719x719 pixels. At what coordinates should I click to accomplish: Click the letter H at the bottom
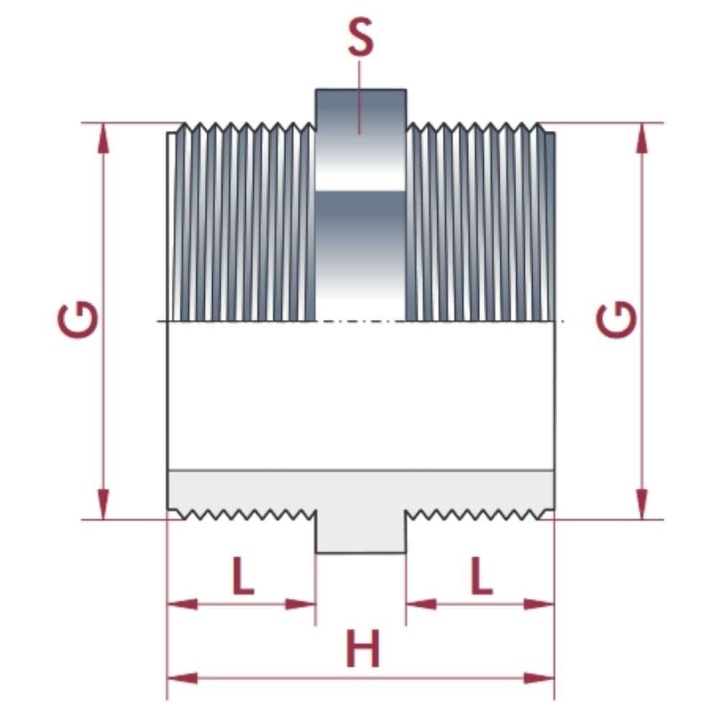point(362,649)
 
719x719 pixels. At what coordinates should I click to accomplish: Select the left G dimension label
point(78,319)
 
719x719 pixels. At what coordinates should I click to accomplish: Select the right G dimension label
point(616,319)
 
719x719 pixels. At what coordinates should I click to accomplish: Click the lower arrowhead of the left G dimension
point(104,505)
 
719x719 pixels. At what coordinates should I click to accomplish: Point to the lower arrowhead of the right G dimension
point(642,505)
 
